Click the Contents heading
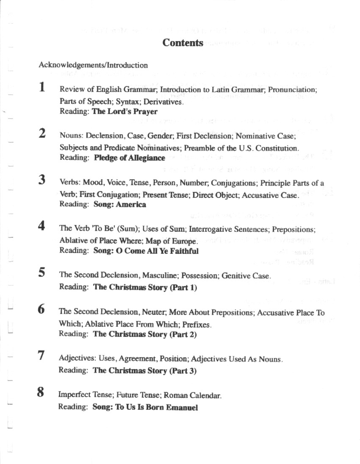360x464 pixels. (x=183, y=43)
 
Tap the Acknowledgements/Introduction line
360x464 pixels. (x=93, y=65)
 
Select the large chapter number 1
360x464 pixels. (x=42, y=87)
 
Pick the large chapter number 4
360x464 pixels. (x=41, y=225)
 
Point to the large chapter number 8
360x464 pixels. (x=40, y=392)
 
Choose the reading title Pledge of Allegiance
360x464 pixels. (x=129, y=158)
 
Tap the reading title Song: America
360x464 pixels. (x=119, y=204)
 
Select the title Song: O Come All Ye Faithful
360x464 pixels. (x=146, y=250)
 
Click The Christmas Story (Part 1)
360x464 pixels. (x=145, y=287)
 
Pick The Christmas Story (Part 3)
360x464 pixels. (x=144, y=371)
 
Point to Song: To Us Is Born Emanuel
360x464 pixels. (x=145, y=408)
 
